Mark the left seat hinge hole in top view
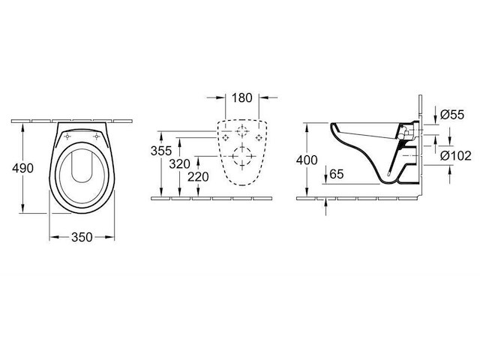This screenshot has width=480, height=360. (x=67, y=137)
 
